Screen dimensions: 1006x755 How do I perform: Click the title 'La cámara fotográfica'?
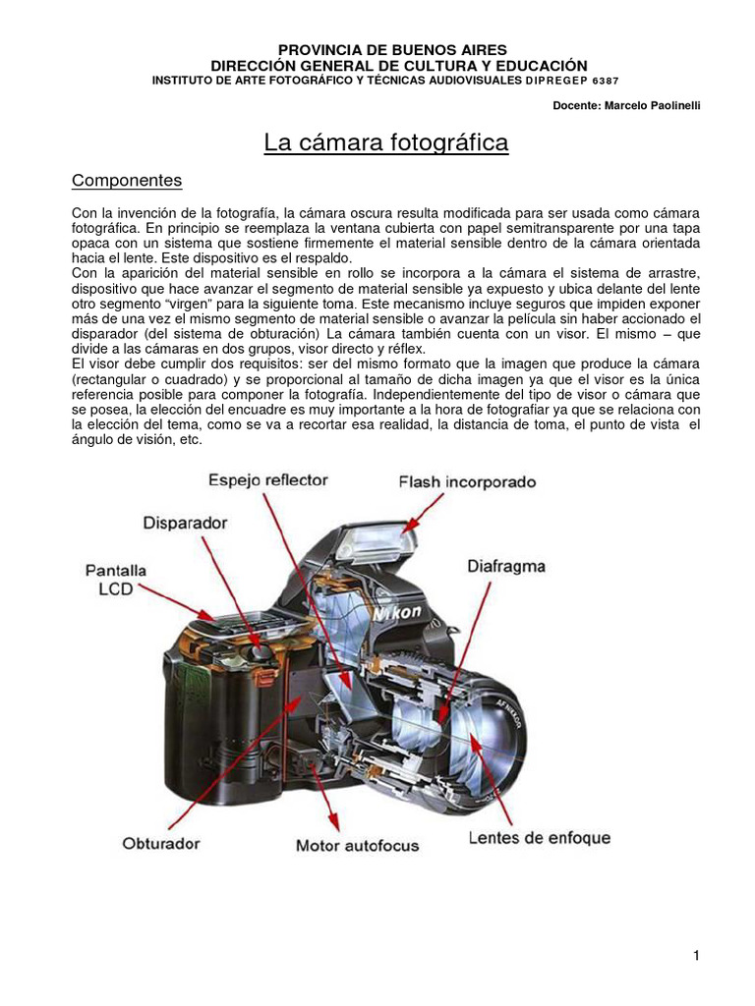coord(386,143)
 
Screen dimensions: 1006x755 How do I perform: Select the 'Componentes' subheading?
coord(128,181)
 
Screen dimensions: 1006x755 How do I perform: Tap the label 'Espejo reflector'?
coord(267,480)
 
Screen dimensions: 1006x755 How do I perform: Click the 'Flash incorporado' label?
coord(467,482)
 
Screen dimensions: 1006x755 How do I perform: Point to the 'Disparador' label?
coord(186,524)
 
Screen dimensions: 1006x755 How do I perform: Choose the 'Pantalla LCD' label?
coord(116,579)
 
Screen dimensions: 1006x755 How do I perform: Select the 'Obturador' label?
coord(161,843)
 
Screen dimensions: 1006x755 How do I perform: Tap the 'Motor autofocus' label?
coord(357,845)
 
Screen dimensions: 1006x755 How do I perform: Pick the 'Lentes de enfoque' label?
coord(539,838)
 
